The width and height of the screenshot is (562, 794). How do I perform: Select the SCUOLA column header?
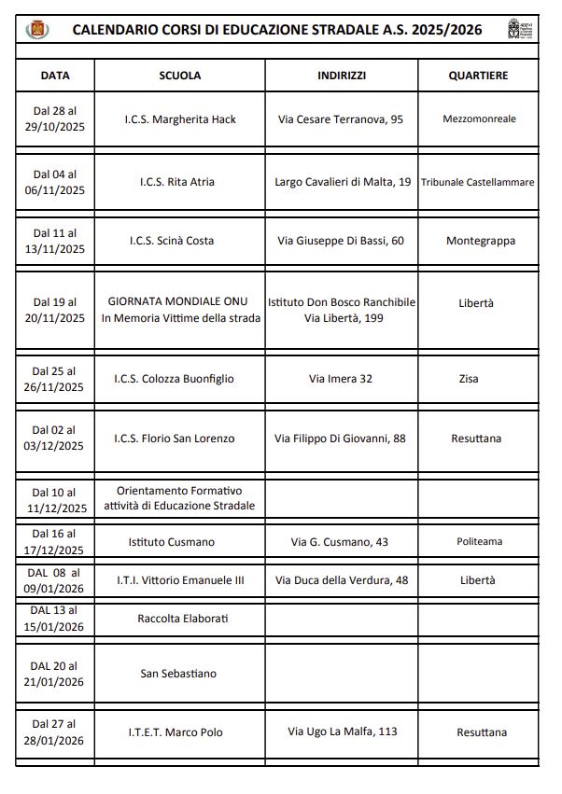[x=180, y=76]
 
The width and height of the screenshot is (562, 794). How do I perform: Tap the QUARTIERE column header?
[x=478, y=76]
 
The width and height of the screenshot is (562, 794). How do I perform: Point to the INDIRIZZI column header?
[x=341, y=76]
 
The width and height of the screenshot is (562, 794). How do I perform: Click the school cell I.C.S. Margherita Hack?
[x=180, y=119]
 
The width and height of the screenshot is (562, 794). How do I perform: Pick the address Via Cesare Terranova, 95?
[x=341, y=119]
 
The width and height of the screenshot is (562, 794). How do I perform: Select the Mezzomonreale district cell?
[x=478, y=119]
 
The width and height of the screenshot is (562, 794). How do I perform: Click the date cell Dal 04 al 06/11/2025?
[x=54, y=182]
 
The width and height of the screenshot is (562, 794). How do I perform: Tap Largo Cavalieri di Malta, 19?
[x=343, y=182]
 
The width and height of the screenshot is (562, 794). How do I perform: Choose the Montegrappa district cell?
[x=480, y=241]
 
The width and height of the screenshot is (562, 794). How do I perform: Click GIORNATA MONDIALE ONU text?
[x=180, y=302]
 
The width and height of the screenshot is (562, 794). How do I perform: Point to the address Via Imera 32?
[x=341, y=379]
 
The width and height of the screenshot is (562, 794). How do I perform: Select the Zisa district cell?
[x=477, y=379]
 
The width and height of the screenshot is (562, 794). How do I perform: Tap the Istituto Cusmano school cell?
[x=171, y=542]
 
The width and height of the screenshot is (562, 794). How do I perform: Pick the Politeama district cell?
[x=479, y=542]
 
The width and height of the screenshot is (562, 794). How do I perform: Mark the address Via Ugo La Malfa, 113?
[x=342, y=731]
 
